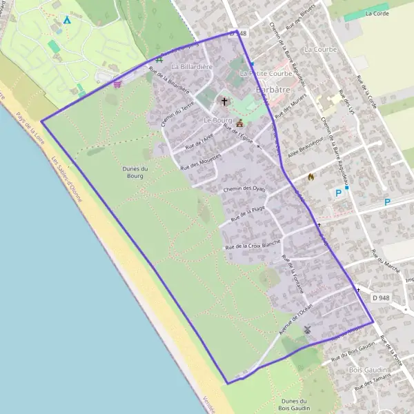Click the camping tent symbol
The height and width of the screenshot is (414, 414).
67,20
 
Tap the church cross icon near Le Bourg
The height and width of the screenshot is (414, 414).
224,101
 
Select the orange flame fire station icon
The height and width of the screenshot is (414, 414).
310,177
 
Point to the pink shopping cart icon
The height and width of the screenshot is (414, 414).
117,84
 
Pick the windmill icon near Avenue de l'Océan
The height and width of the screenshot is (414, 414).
307,330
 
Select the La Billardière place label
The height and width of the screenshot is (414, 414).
192,67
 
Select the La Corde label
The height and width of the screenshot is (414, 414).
377,13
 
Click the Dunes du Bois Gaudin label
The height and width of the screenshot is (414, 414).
299,404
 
